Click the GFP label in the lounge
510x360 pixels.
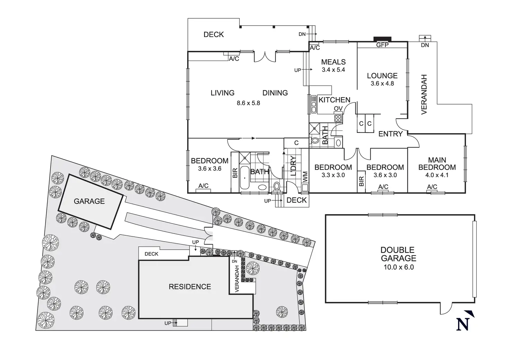tap(382, 45)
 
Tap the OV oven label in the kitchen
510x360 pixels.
tap(338, 109)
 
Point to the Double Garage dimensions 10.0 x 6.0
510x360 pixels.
tap(398, 267)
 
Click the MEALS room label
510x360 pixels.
tap(333, 62)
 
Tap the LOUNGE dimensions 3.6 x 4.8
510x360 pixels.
tap(382, 83)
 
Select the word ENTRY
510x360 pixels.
tap(390, 134)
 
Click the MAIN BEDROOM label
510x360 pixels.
tap(437, 164)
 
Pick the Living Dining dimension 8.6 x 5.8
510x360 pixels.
tap(248, 103)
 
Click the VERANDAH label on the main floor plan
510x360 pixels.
tap(424, 94)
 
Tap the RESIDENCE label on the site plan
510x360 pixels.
tap(190, 287)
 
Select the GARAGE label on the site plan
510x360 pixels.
tap(89, 201)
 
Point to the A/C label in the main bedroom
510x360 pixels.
tap(432, 187)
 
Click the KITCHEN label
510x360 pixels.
tap(334, 100)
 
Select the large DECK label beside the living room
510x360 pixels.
tap(213, 35)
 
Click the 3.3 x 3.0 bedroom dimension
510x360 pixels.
tap(333, 175)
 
